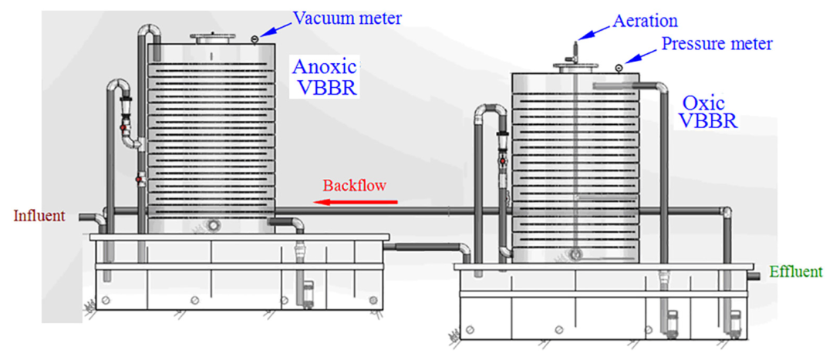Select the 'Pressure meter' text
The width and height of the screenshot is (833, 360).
[x=717, y=44]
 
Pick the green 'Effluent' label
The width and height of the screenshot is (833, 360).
[x=795, y=272]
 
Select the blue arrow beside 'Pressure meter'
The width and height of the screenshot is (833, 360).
[x=642, y=56]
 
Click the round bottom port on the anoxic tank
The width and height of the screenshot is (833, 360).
[x=212, y=225]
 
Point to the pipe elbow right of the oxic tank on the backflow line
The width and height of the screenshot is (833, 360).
[x=725, y=211]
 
